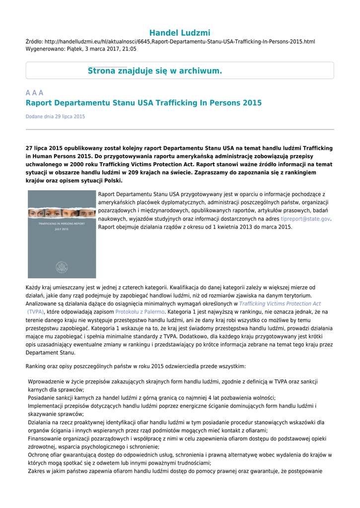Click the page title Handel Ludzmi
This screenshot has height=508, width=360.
click(x=180, y=33)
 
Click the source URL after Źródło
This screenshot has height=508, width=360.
click(x=180, y=42)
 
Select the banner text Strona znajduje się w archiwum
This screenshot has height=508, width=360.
click(x=155, y=71)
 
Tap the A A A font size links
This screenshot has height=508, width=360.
click(x=34, y=93)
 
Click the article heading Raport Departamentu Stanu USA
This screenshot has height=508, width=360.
click(x=144, y=103)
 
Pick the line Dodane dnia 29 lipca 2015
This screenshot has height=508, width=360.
click(x=55, y=117)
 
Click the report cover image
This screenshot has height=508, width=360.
click(x=62, y=235)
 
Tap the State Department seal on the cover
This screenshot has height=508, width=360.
click(x=62, y=267)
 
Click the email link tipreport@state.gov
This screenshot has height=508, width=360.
click(x=305, y=219)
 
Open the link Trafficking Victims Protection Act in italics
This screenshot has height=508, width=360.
click(x=280, y=304)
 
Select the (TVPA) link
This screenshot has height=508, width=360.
click(x=36, y=312)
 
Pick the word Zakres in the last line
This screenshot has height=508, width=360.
click(x=37, y=471)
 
